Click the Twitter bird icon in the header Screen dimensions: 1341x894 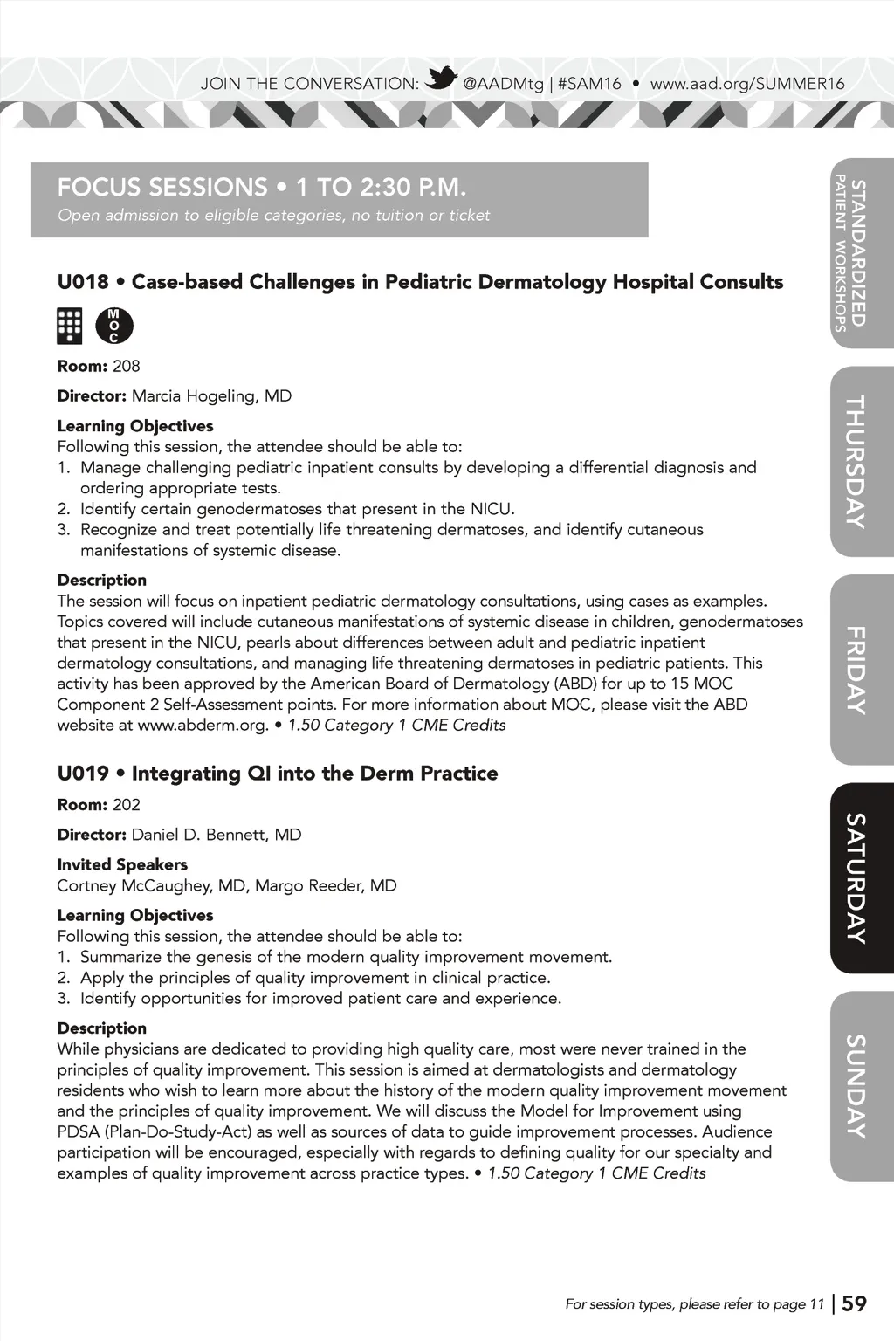[x=441, y=79]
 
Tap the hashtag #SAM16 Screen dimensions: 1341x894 [x=589, y=84]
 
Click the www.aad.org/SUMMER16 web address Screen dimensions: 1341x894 [x=747, y=84]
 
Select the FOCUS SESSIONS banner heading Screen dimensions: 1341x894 [x=262, y=187]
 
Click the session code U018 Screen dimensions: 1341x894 [x=83, y=282]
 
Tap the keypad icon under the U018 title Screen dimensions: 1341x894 [x=69, y=326]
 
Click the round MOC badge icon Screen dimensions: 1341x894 [x=114, y=326]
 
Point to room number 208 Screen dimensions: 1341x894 [x=127, y=366]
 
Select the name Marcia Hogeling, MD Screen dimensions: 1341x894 [x=211, y=396]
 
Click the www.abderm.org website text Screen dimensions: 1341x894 [x=202, y=726]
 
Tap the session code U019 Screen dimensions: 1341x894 [x=83, y=774]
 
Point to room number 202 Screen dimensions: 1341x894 [x=127, y=805]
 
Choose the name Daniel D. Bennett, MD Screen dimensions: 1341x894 [x=216, y=835]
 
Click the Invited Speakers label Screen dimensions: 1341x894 [x=122, y=864]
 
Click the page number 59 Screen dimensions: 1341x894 [x=854, y=1303]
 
